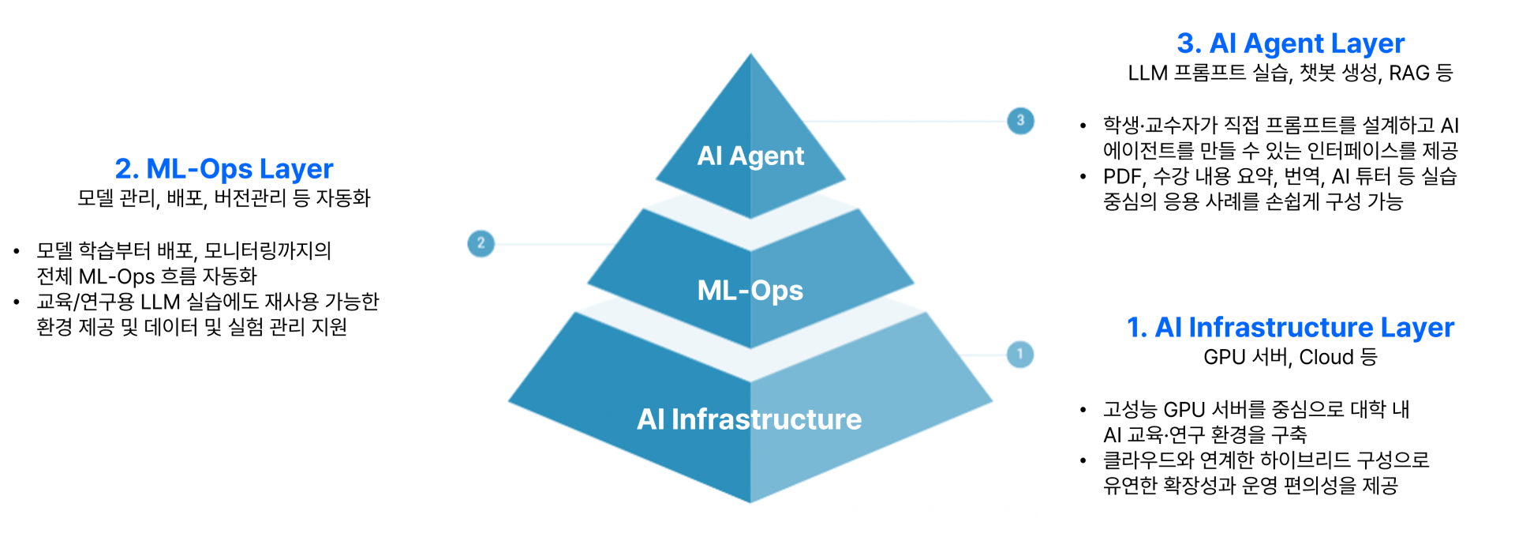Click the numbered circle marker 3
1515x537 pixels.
click(x=1020, y=121)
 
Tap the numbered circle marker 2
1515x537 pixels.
click(x=481, y=243)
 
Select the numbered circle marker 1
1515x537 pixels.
click(x=1020, y=354)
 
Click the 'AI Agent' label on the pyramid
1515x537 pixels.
click(x=750, y=156)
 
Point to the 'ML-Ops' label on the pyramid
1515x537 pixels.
click(x=750, y=291)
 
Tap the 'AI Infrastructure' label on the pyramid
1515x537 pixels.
click(x=750, y=419)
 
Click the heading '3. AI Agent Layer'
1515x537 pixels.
click(x=1290, y=43)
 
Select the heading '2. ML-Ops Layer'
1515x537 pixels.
click(x=224, y=168)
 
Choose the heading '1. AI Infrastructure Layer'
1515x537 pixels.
click(x=1290, y=327)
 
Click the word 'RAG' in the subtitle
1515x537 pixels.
click(x=1409, y=73)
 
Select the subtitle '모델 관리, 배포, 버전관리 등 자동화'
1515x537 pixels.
click(x=224, y=197)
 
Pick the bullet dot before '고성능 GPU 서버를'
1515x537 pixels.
click(x=1083, y=410)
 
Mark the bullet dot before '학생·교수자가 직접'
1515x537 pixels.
click(x=1083, y=126)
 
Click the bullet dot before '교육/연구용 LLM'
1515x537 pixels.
click(x=17, y=302)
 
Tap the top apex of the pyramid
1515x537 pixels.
click(x=750, y=53)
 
